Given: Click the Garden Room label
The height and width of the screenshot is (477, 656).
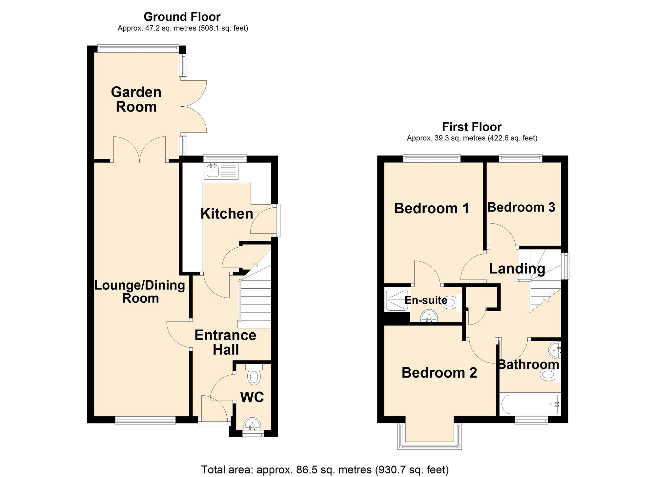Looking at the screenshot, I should (136, 99).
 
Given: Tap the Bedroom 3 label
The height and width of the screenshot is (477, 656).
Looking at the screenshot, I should (521, 207).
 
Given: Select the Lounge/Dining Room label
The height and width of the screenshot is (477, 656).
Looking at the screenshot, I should (140, 292).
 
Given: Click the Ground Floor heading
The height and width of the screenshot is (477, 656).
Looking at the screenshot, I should (182, 16).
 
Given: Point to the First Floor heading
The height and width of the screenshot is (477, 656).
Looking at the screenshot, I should (472, 127).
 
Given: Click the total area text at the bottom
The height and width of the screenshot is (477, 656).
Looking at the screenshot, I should (324, 469).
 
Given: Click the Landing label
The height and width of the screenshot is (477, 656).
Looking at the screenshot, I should (517, 268).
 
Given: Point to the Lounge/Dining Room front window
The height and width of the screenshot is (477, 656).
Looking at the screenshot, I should (145, 420).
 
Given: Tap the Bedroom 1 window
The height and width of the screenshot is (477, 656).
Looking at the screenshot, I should (432, 158).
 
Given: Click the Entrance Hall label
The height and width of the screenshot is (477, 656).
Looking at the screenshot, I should (225, 342).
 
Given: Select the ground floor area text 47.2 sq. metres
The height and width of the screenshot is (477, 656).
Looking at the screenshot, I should (183, 29).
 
